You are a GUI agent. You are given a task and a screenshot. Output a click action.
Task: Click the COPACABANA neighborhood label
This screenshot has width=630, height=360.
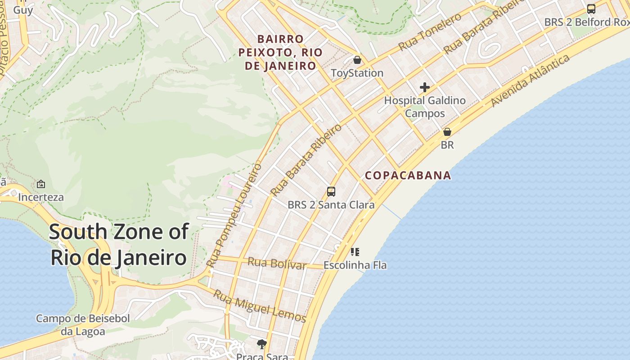[x=408, y=175]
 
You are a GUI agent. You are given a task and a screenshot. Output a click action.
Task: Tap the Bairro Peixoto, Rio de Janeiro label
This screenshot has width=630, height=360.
[x=280, y=52]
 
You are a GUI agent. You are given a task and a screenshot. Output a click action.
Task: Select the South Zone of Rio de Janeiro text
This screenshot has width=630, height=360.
[x=118, y=245]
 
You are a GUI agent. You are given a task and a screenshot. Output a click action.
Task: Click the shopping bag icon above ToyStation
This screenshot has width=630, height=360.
[x=357, y=60]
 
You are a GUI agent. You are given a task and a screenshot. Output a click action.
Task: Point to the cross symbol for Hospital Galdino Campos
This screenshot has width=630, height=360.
[x=424, y=87]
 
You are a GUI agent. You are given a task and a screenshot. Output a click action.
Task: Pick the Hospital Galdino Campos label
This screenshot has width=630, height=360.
[x=425, y=107]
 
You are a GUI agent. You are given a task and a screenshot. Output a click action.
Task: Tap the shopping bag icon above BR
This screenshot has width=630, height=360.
[x=447, y=132]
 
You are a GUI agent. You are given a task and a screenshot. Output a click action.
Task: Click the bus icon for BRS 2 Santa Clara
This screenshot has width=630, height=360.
[x=331, y=192]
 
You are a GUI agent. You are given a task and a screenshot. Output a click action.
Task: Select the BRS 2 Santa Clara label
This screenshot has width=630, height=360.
[x=331, y=205]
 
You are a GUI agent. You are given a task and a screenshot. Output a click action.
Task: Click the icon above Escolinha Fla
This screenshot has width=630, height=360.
[x=355, y=252]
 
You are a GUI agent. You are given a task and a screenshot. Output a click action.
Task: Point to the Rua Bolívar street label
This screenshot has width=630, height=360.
[x=277, y=263]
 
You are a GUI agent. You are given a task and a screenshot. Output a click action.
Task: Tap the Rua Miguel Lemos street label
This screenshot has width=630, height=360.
[x=259, y=306]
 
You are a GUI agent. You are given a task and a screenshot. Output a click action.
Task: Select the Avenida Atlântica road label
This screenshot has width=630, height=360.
[x=530, y=81]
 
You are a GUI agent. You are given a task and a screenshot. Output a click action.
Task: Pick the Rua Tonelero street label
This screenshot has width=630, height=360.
[x=430, y=31]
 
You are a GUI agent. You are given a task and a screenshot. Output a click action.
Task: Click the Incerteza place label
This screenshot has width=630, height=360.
[x=41, y=197]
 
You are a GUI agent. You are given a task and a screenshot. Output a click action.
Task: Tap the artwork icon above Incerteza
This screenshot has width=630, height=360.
[x=41, y=184]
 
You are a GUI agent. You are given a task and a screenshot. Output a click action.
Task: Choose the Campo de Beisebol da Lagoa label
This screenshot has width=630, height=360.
[x=83, y=325]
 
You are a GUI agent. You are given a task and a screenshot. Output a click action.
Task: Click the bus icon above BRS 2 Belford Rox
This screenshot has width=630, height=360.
[x=591, y=9]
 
